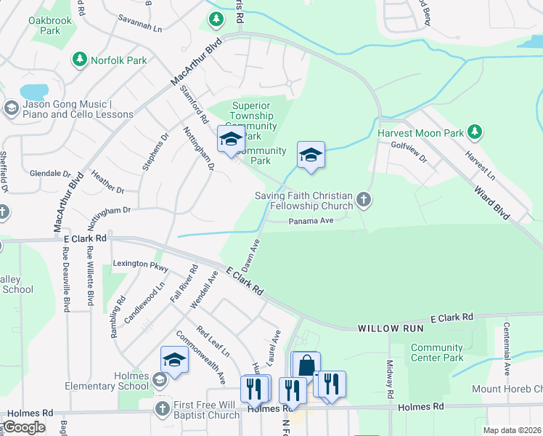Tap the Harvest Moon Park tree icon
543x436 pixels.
point(474,132)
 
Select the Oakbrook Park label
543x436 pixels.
point(50,26)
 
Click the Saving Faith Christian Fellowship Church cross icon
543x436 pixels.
point(364,199)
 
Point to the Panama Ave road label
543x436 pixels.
point(311,222)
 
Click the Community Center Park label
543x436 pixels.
point(436,352)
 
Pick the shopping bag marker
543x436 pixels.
point(306,366)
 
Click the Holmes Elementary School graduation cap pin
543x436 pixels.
point(174,360)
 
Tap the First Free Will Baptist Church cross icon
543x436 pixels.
point(161,409)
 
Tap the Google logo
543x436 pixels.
point(24,427)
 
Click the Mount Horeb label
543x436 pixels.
point(507,389)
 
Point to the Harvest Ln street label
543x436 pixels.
point(481,166)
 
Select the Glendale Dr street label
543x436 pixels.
point(50,174)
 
